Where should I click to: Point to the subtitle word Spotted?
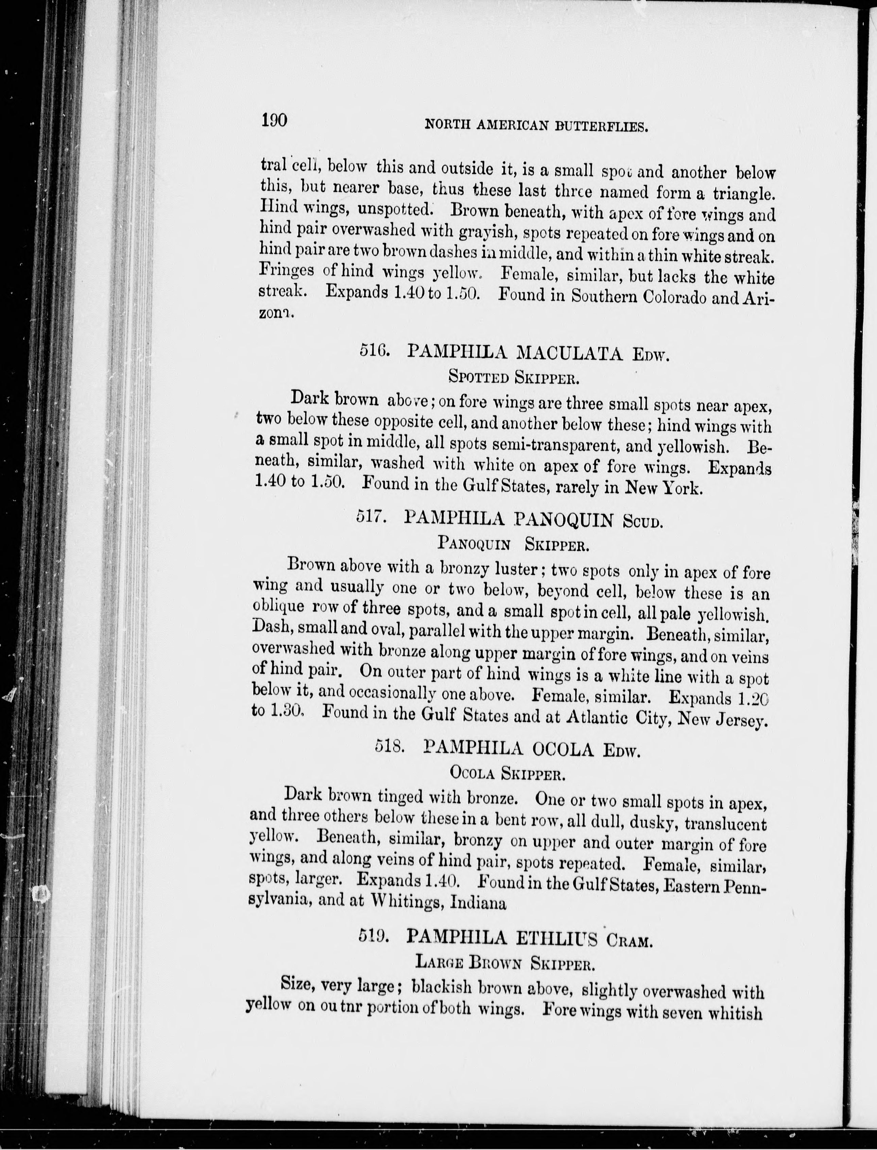click(x=478, y=377)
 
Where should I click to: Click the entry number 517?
click(x=371, y=517)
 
